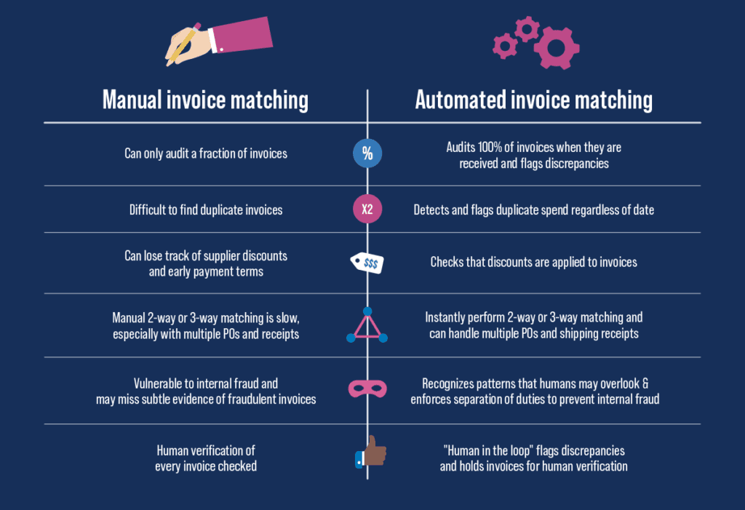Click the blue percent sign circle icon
367,154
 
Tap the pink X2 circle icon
367,210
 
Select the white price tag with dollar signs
368,263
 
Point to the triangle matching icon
367,326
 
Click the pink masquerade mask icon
367,389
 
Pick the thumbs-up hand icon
370,453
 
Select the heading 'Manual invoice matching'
205,100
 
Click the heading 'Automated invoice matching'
533,100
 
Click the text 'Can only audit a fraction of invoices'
205,154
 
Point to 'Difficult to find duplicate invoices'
206,210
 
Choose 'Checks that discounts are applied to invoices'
533,262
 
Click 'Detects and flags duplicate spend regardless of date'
533,210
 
